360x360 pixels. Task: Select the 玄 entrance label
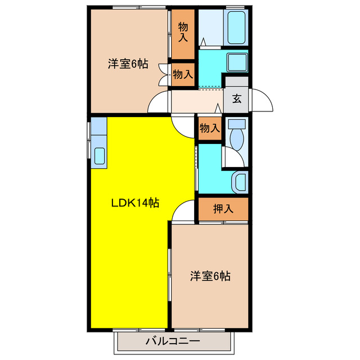tap(237, 99)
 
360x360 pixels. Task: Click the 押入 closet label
tap(223, 209)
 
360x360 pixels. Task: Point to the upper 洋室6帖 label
tap(128, 64)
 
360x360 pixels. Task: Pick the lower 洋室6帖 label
tap(209, 276)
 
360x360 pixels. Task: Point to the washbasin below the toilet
tap(240, 182)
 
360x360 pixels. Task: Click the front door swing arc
tap(262, 101)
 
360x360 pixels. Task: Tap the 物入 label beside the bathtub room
tap(183, 32)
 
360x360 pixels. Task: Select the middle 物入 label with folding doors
tap(183, 74)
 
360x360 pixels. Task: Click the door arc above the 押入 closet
tap(183, 213)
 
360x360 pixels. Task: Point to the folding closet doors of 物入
tap(165, 74)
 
